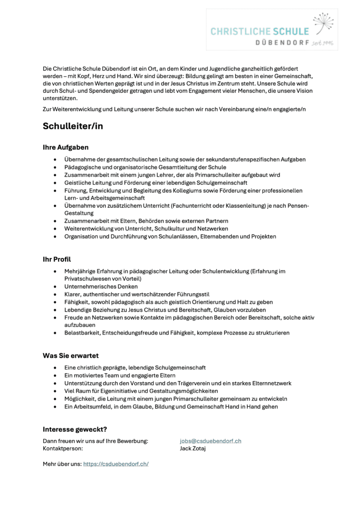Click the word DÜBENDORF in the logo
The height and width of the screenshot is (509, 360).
[x=282, y=43]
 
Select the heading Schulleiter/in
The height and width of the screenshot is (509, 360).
[x=73, y=126]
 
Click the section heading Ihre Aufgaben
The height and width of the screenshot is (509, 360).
[x=66, y=147]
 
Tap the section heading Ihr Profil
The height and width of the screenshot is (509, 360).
[x=57, y=259]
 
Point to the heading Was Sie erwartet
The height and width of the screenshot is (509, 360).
[x=71, y=355]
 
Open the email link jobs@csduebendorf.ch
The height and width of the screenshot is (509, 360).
[x=210, y=441]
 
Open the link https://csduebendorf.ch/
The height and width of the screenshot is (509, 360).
[x=116, y=464]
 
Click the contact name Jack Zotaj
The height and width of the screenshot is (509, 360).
[x=193, y=448]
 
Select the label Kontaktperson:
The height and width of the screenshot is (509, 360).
[x=63, y=448]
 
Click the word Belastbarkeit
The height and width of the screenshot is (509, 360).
[x=82, y=333]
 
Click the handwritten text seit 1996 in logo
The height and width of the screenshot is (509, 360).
[x=322, y=43]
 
